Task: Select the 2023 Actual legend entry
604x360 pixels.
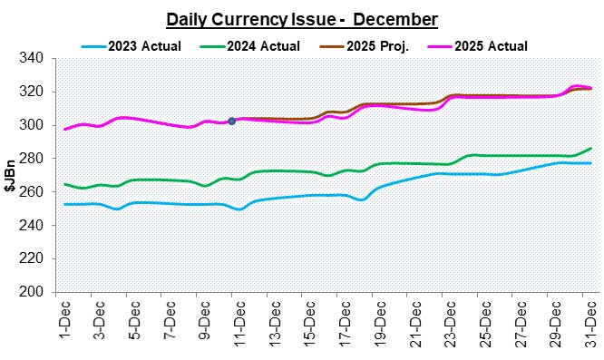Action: pos(133,45)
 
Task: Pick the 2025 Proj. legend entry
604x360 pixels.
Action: pos(374,45)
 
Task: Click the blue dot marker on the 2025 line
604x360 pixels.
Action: pos(232,121)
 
